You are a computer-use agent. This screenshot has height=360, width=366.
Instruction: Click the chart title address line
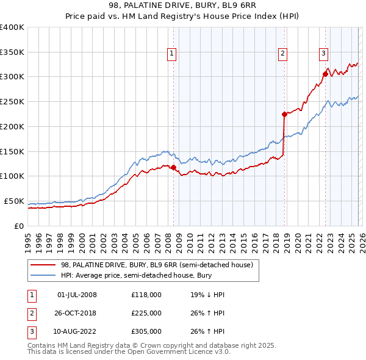[183, 5]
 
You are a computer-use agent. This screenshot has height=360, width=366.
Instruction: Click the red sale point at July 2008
[173, 167]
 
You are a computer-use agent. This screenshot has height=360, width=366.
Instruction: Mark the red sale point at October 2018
[284, 113]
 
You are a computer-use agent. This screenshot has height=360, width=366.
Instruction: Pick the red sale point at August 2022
[325, 74]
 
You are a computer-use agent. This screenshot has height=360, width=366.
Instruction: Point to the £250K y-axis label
[12, 101]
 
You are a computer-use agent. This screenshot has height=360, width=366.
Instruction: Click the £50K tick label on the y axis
[14, 201]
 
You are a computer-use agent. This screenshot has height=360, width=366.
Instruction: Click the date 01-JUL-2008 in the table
[77, 295]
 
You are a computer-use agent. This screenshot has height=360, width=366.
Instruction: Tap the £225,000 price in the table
[146, 313]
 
